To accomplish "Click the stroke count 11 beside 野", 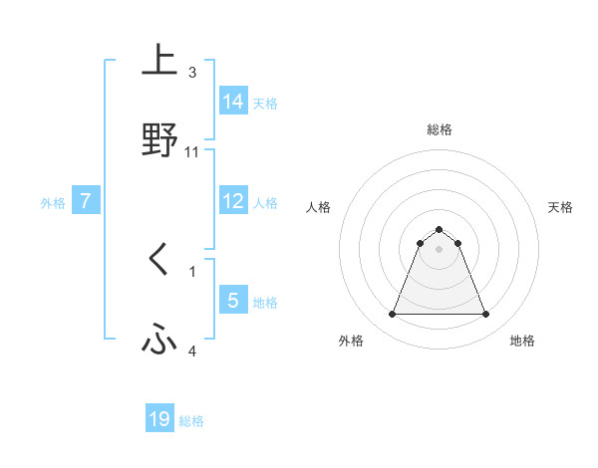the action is point(192,152).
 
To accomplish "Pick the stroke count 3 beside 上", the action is point(192,73).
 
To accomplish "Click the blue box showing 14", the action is point(234,102).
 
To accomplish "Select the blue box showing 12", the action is point(234,201).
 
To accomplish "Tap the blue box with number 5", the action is point(234,301).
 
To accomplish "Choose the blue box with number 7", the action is point(87,201).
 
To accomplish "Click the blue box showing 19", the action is point(159,419).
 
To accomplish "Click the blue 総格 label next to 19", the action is point(191,421).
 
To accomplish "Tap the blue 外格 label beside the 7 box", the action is point(53,203).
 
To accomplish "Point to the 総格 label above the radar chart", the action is point(440,129).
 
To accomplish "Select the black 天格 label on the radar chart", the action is point(561,207).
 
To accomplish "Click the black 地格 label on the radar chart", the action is point(522,341).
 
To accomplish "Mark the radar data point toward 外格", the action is point(392,315).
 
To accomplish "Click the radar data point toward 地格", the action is point(486,315).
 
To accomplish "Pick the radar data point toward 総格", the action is point(440,229).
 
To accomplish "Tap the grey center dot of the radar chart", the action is point(440,249).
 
